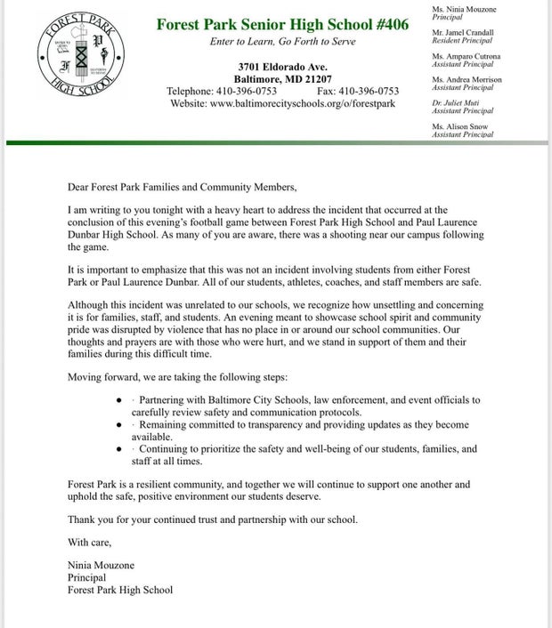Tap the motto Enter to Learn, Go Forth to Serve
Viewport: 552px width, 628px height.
pyautogui.click(x=282, y=44)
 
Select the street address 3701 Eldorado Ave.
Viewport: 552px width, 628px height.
pyautogui.click(x=282, y=68)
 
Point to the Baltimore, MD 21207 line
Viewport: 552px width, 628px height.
pyautogui.click(x=282, y=79)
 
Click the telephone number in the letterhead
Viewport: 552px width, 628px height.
pyautogui.click(x=223, y=92)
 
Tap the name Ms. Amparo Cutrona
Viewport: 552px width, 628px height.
pyautogui.click(x=467, y=56)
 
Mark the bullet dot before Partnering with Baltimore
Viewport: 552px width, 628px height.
pyautogui.click(x=120, y=400)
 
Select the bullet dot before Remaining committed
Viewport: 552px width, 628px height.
pyautogui.click(x=120, y=425)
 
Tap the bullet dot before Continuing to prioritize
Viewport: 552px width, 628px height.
pyautogui.click(x=120, y=449)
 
